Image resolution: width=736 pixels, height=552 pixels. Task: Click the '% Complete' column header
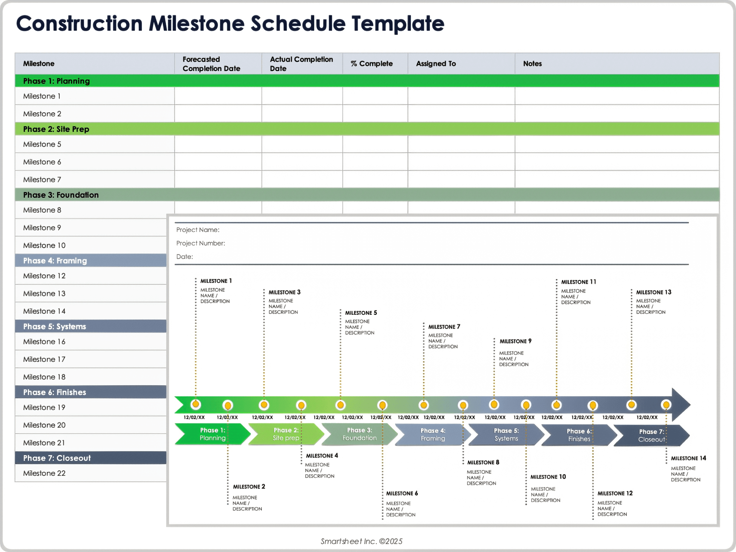point(371,64)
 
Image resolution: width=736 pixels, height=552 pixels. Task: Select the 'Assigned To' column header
point(436,64)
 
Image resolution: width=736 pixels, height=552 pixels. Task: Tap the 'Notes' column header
point(532,64)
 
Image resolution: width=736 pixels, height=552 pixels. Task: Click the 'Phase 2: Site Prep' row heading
point(56,129)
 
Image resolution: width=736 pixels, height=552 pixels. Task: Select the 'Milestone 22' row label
point(44,473)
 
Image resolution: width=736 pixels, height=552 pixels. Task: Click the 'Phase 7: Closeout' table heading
point(57,458)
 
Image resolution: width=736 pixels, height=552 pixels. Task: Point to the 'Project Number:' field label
point(200,243)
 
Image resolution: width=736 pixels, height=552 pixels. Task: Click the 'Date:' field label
point(184,257)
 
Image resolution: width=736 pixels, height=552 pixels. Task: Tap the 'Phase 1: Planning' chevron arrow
point(212,434)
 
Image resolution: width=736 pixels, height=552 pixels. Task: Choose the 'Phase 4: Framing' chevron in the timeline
point(433,435)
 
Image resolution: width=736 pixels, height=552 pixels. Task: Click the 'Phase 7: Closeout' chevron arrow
point(651,435)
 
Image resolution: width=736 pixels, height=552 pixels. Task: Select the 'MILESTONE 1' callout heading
point(216,281)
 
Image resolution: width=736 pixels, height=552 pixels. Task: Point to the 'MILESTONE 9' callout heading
point(515,341)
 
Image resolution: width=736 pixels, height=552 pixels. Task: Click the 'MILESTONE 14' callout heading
point(688,458)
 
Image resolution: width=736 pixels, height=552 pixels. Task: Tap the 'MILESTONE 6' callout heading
point(402,493)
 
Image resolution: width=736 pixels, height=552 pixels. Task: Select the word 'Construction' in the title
point(79,24)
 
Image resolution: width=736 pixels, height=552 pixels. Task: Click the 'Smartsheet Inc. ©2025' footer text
point(361,541)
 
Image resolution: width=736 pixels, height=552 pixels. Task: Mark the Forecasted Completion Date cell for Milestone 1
point(218,96)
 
